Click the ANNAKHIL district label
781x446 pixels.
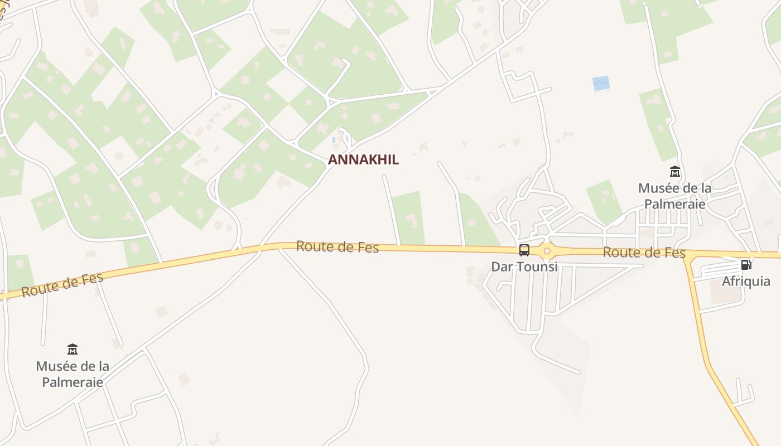363,159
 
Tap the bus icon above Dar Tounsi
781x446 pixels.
524,250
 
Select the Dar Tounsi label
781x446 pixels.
524,266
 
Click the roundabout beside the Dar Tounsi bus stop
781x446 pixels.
547,251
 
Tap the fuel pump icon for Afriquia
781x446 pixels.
746,264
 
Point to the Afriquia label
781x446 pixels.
746,281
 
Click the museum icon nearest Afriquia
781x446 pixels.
675,172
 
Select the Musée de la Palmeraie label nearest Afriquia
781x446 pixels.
675,196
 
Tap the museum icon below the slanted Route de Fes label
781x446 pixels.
73,350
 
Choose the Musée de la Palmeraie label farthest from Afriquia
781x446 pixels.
73,374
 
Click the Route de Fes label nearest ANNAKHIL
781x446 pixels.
338,246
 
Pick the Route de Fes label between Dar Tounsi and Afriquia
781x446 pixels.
644,253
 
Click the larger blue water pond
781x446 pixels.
601,84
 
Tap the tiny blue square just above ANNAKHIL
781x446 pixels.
334,139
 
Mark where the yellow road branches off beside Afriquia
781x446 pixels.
688,256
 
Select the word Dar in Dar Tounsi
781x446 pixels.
500,266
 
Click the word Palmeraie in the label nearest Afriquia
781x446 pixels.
675,203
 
